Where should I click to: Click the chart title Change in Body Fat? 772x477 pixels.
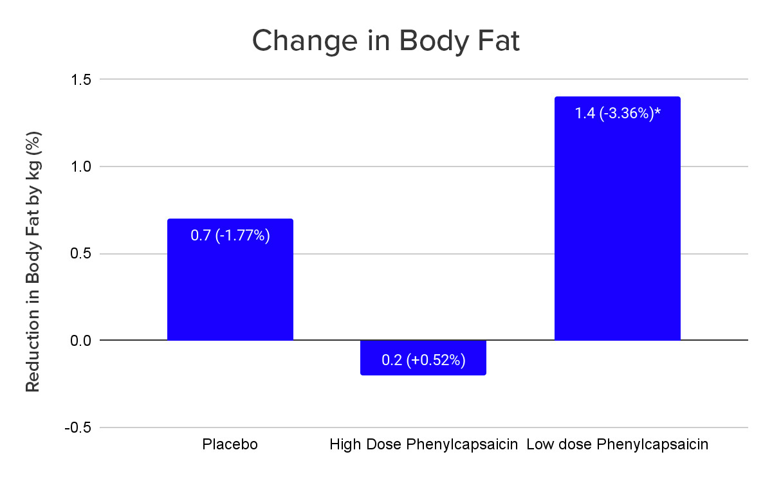pyautogui.click(x=385, y=41)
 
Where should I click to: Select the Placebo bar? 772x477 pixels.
pyautogui.click(x=230, y=289)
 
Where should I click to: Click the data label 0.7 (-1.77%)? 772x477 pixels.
pyautogui.click(x=230, y=236)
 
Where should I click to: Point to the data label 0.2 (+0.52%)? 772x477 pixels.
pyautogui.click(x=423, y=360)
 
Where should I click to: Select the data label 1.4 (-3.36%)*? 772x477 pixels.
pyautogui.click(x=617, y=114)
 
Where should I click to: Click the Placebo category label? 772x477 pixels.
pyautogui.click(x=230, y=445)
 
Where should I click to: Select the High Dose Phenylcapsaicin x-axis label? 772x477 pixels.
pyautogui.click(x=423, y=445)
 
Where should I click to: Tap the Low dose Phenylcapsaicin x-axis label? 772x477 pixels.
pyautogui.click(x=617, y=445)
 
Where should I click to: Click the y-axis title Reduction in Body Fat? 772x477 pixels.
pyautogui.click(x=33, y=262)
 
